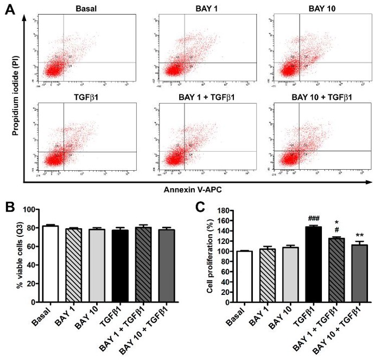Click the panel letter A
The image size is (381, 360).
(x=10, y=10)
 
